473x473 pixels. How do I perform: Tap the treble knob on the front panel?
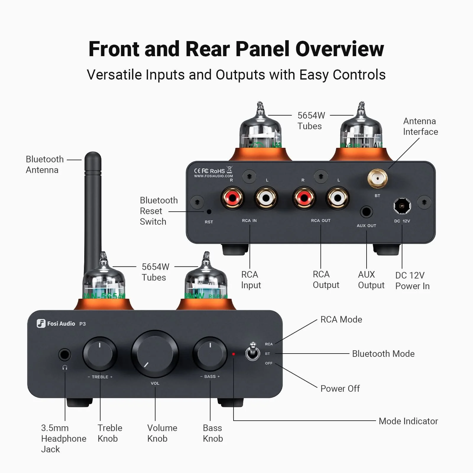click(x=100, y=354)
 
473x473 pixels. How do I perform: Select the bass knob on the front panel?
click(x=210, y=354)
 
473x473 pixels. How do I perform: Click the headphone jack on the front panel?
click(x=65, y=354)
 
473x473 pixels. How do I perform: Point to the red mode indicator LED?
click(x=234, y=354)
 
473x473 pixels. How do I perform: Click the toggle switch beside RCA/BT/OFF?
click(x=253, y=352)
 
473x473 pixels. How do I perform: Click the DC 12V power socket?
click(x=402, y=206)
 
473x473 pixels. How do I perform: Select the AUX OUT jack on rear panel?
click(x=366, y=212)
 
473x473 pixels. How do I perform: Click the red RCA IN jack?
click(x=232, y=198)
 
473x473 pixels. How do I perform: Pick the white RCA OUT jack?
click(x=338, y=198)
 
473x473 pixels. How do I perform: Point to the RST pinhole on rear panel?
click(x=209, y=212)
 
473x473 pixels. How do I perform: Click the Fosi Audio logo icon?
click(x=41, y=323)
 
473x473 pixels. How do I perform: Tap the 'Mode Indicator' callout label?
click(x=408, y=421)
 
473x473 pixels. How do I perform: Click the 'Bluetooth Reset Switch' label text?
click(x=158, y=211)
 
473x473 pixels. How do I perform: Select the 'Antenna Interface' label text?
click(x=420, y=126)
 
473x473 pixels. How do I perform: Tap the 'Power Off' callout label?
click(x=340, y=388)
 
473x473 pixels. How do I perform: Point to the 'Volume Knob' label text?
click(x=162, y=433)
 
